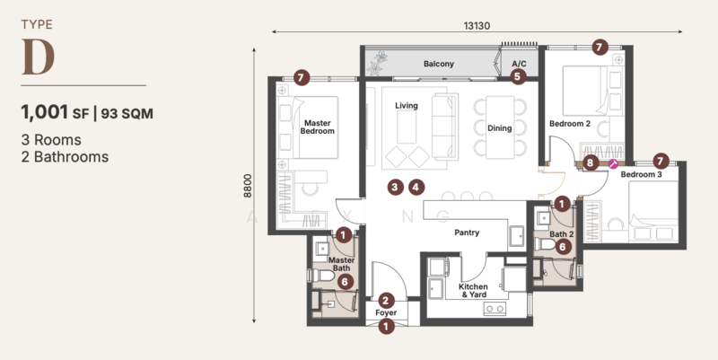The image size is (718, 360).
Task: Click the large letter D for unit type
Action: (38, 57)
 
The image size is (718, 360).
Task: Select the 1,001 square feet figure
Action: (44, 112)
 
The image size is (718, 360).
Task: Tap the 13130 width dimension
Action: (477, 26)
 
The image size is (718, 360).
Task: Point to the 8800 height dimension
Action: (248, 186)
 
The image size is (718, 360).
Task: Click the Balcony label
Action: (439, 64)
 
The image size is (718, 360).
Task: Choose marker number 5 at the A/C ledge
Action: (518, 76)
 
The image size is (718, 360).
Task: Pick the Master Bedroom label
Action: (317, 127)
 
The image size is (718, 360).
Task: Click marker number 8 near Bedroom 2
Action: (590, 162)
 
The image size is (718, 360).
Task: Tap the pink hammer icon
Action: (613, 163)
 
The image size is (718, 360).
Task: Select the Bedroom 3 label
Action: (641, 174)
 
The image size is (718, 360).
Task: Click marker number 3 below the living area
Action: (395, 187)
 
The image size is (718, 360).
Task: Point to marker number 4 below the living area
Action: (416, 187)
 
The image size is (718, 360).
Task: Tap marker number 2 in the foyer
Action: (386, 301)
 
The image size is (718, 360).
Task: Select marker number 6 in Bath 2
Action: (563, 247)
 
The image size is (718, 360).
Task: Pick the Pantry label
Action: (467, 233)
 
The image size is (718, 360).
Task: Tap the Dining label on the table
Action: (499, 128)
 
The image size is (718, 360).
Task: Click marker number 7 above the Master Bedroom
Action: (301, 78)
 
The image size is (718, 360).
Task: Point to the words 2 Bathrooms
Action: (65, 156)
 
